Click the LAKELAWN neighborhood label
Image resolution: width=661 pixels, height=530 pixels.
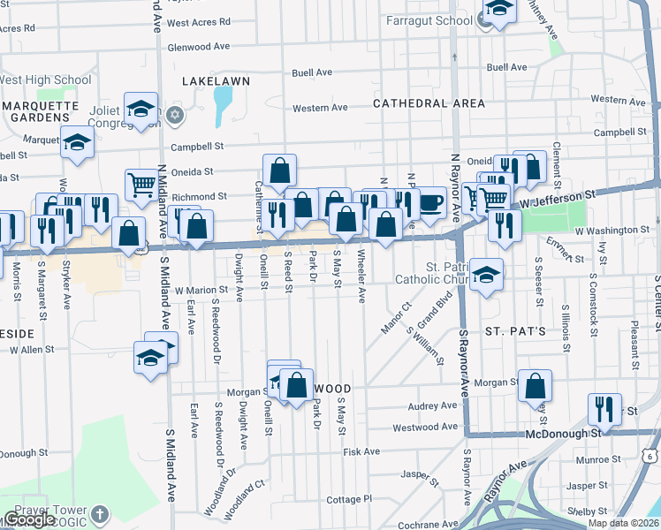click(216, 80)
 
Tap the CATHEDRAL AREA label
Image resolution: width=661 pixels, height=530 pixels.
click(429, 103)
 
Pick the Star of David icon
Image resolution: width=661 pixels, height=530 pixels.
click(175, 115)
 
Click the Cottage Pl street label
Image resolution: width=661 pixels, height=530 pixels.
click(349, 499)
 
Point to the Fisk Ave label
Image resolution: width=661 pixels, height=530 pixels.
click(361, 451)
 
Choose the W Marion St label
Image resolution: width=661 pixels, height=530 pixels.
click(201, 289)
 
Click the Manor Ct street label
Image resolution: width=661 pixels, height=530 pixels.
click(396, 318)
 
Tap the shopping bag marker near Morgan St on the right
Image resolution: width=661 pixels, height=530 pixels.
click(535, 386)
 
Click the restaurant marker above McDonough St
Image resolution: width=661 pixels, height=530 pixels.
click(604, 408)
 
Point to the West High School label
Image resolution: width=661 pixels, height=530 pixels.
click(44, 80)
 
